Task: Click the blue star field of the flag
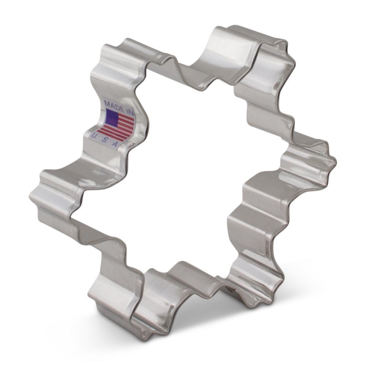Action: (x=112, y=117)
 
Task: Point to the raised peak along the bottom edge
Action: (x=179, y=265)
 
